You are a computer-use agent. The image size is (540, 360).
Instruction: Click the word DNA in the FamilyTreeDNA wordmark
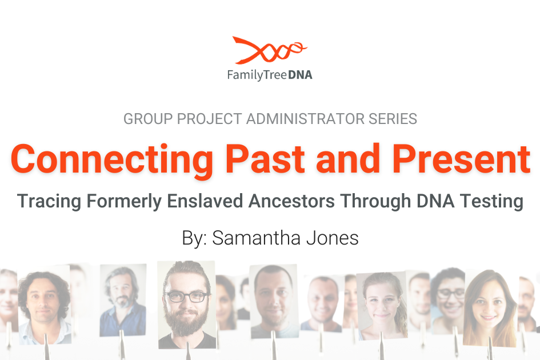click(300, 75)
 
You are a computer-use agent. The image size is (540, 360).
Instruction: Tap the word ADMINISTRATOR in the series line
click(306, 119)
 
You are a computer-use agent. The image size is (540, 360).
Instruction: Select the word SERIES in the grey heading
click(393, 119)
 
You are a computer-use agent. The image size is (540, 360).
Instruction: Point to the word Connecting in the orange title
click(112, 160)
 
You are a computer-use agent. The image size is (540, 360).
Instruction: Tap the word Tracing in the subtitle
click(49, 202)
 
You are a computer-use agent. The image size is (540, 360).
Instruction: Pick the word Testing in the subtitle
click(491, 202)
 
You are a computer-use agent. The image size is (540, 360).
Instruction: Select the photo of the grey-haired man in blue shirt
click(123, 299)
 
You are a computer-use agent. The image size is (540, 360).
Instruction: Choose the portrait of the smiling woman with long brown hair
click(490, 307)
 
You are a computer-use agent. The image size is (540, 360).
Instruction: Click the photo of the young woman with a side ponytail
click(382, 306)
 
